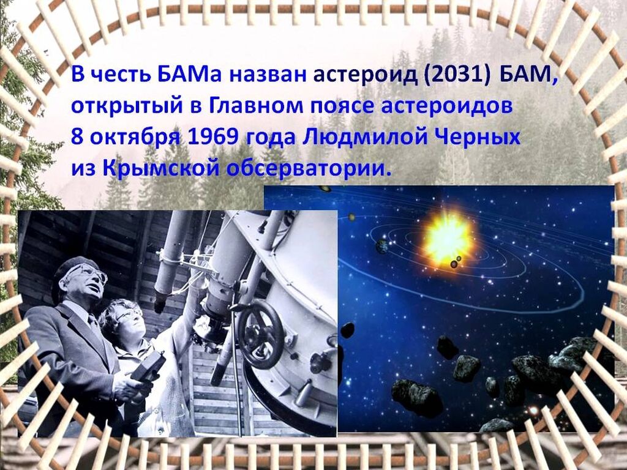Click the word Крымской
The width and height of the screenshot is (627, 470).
(161, 168)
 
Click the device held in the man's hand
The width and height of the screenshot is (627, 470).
(149, 368)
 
